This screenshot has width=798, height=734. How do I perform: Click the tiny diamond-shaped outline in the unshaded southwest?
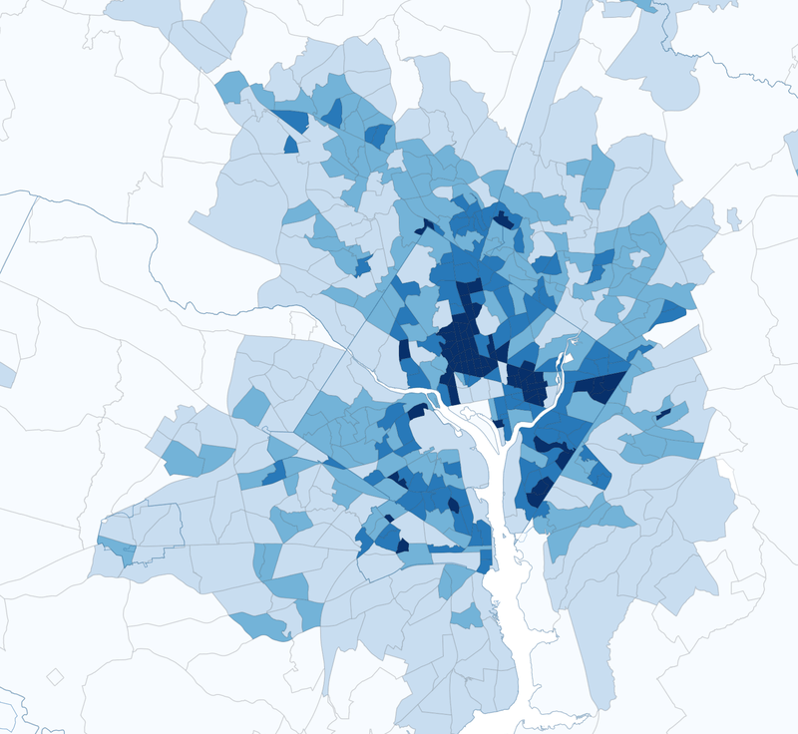[x=56, y=676]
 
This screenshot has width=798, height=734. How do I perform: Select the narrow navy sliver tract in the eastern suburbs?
[x=663, y=412]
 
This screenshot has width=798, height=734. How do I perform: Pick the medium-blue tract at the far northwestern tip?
[x=231, y=86]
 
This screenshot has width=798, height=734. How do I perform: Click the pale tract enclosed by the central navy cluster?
[x=488, y=321]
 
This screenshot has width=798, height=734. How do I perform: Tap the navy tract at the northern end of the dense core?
[x=505, y=219]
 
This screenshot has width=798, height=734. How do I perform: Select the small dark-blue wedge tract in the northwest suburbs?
[x=291, y=146]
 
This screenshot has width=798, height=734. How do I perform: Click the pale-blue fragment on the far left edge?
[x=6, y=375]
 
